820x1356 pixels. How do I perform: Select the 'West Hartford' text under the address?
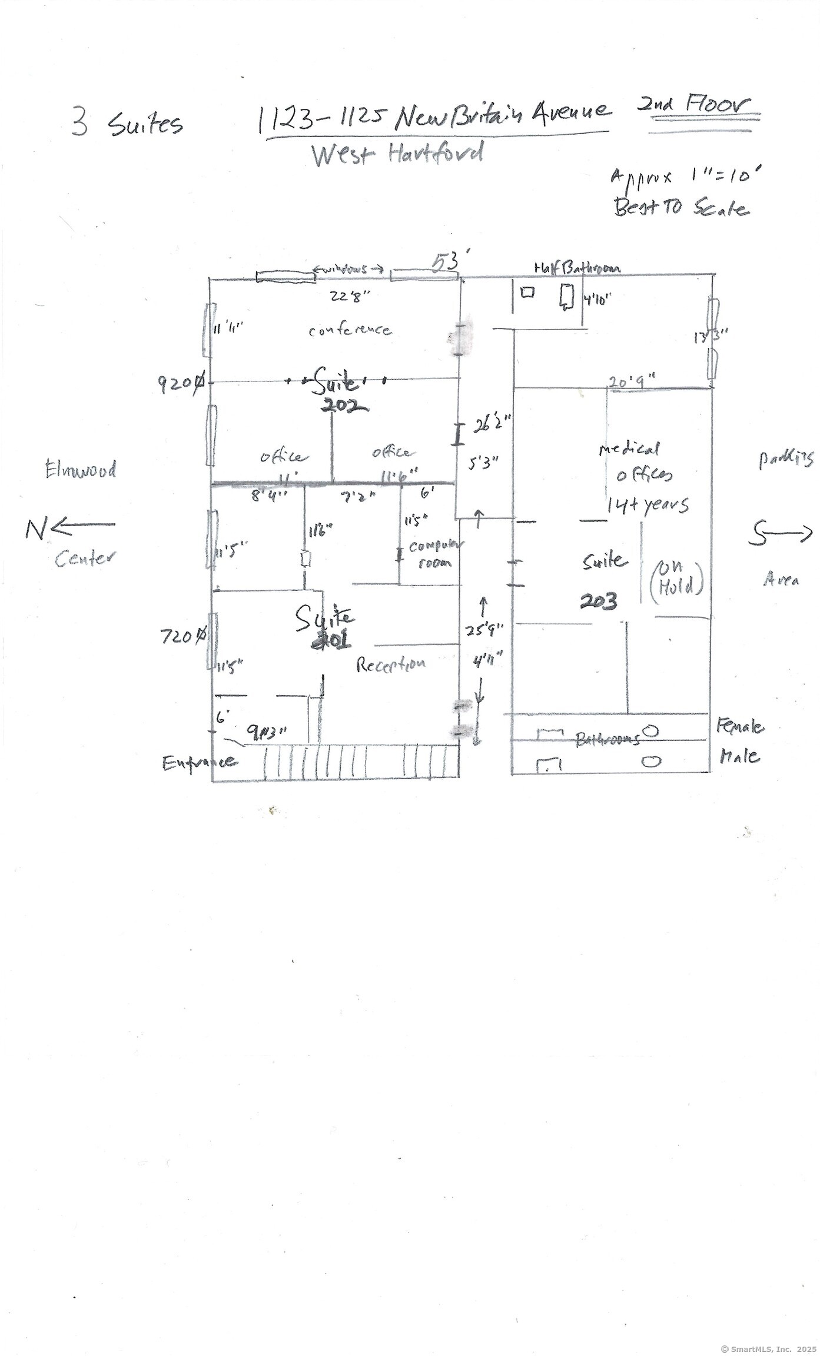[x=397, y=154]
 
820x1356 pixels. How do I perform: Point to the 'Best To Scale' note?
[x=681, y=208]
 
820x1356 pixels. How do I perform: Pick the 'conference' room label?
[x=350, y=330]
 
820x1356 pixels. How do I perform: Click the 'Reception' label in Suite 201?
[x=391, y=664]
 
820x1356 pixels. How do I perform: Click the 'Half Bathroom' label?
[x=577, y=268]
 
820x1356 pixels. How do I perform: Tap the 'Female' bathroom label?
[x=740, y=727]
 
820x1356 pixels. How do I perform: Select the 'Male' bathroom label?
[x=739, y=756]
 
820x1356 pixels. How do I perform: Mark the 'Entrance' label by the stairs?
[x=200, y=762]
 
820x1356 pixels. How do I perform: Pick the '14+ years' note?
[x=648, y=504]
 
